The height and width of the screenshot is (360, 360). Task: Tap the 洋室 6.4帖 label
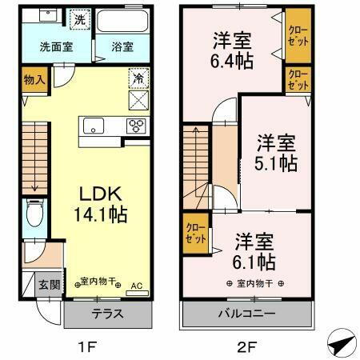[x=230, y=50]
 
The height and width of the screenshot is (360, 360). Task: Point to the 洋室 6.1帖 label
[x=255, y=251]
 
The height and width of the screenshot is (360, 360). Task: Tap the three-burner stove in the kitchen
[x=137, y=126]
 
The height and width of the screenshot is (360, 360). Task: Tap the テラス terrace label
[x=106, y=314]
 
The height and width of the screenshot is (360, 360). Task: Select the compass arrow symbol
[x=340, y=344]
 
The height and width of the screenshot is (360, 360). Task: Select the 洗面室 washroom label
[x=56, y=46]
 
